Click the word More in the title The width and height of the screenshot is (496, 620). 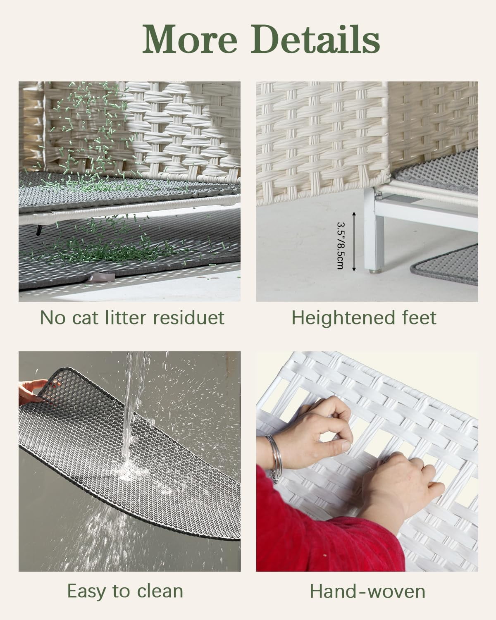pyautogui.click(x=190, y=39)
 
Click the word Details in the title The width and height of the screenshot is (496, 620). pyautogui.click(x=315, y=39)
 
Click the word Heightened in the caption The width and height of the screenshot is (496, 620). pyautogui.click(x=343, y=318)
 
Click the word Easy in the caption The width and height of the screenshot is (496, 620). pyautogui.click(x=86, y=592)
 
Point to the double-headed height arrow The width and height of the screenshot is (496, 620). pyautogui.click(x=354, y=242)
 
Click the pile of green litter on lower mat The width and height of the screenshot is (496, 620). pyautogui.click(x=115, y=253)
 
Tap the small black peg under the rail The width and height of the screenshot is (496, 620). pyautogui.click(x=39, y=230)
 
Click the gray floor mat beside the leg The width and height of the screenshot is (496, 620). pyautogui.click(x=445, y=265)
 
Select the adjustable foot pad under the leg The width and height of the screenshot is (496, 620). pyautogui.click(x=374, y=271)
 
